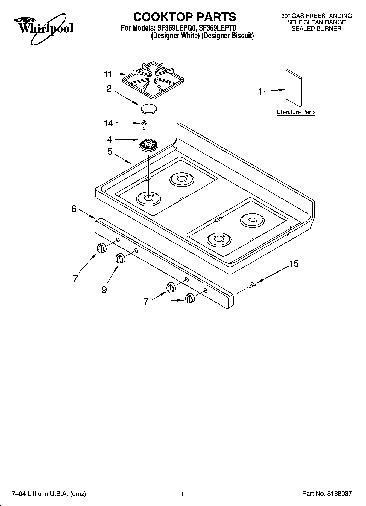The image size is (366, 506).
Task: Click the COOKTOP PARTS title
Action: click(185, 17)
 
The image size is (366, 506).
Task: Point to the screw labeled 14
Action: click(144, 125)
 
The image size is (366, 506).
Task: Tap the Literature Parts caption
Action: click(296, 112)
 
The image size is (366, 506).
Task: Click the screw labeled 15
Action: click(251, 285)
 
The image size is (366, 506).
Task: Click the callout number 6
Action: click(74, 209)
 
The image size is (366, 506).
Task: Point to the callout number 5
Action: click(110, 151)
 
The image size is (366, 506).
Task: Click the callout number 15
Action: click(294, 264)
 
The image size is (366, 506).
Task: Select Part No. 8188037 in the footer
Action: click(327, 494)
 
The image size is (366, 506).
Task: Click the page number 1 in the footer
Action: click(182, 494)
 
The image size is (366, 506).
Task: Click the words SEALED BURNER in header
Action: click(316, 28)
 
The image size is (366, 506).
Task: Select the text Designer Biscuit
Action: click(228, 36)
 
